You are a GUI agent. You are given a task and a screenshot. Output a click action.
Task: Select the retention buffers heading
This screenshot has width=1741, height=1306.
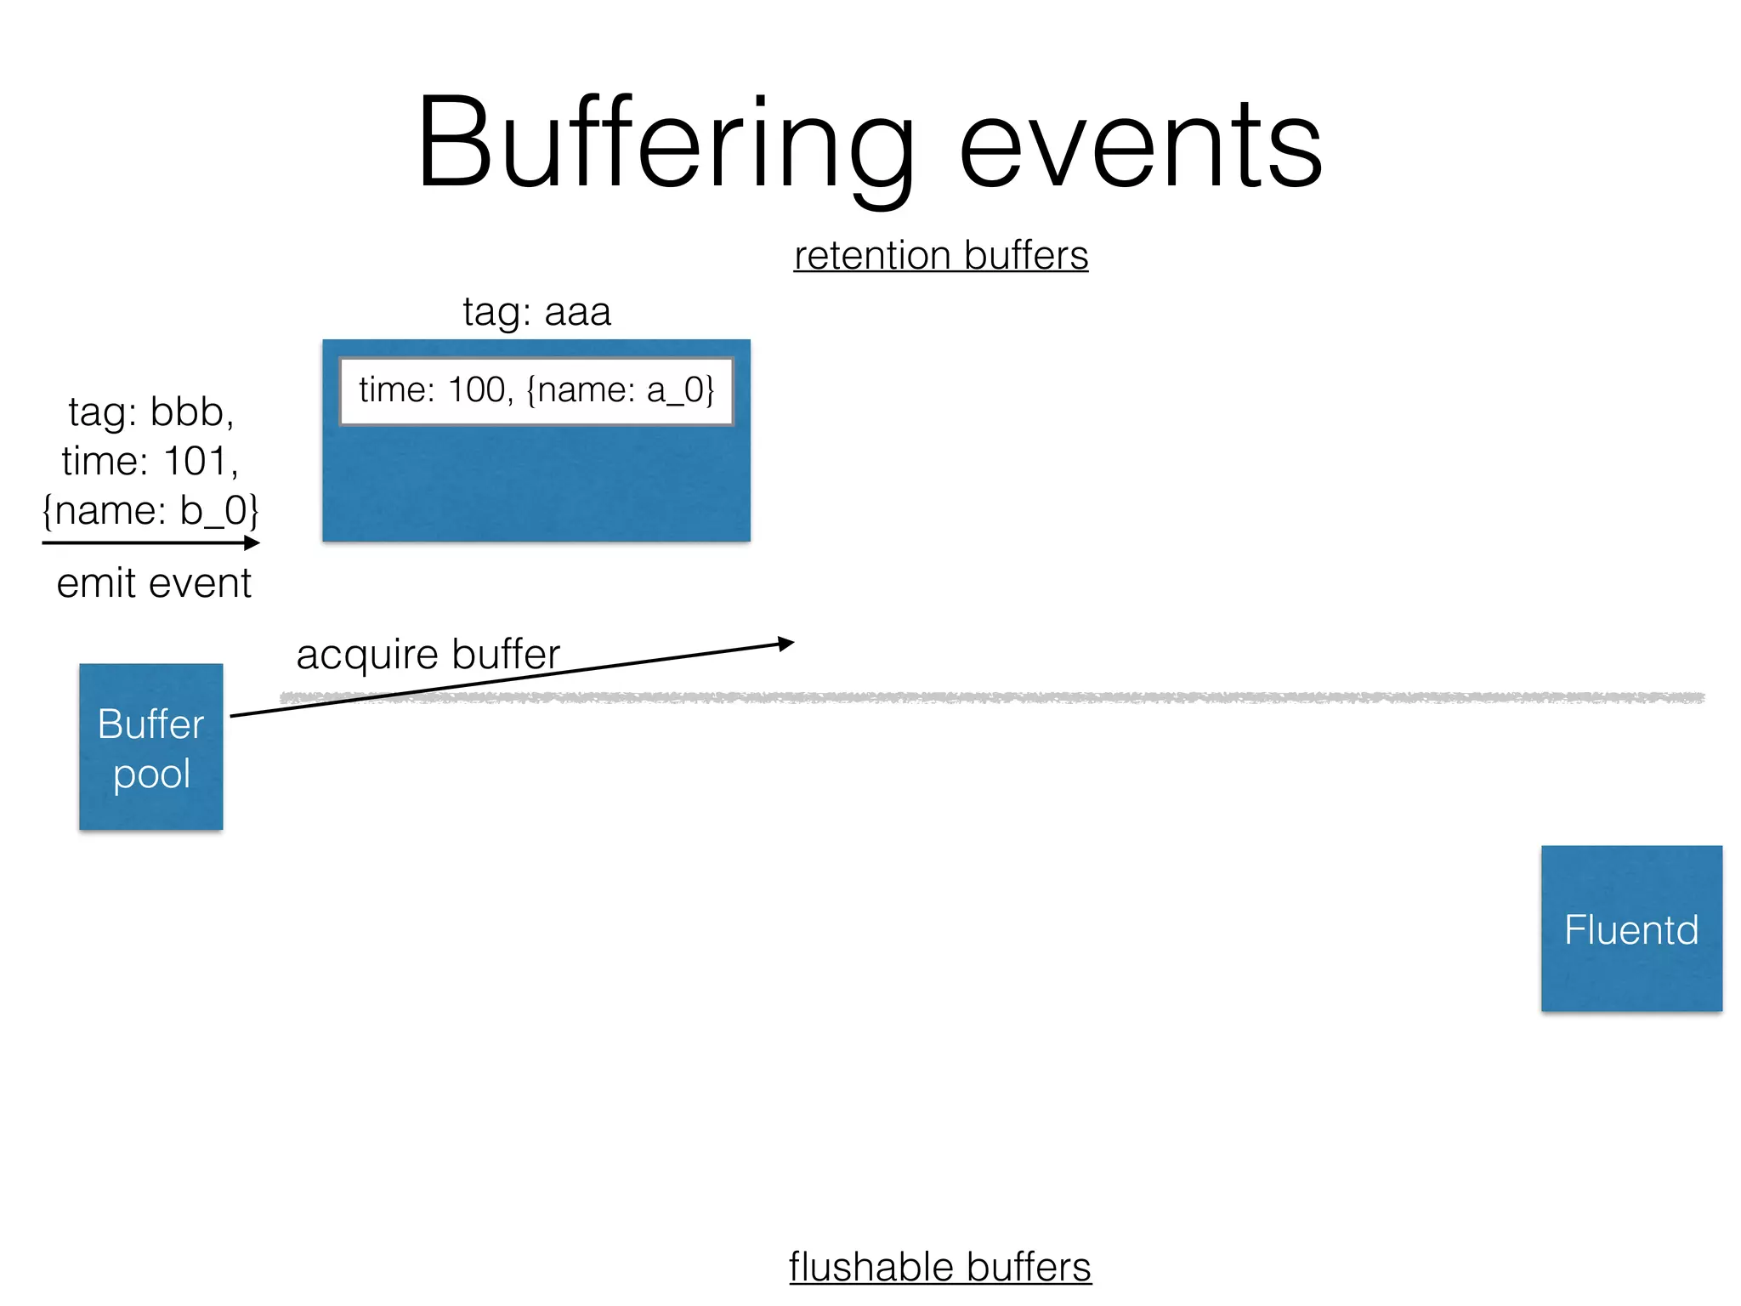pos(940,255)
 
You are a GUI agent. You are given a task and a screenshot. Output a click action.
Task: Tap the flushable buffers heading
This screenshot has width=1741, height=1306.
pos(939,1267)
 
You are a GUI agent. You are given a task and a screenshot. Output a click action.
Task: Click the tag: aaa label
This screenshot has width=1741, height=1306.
pos(536,311)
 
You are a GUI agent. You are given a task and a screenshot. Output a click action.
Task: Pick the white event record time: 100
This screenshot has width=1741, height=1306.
pos(536,391)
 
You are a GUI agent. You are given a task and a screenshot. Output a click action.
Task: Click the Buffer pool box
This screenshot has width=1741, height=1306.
pos(151,747)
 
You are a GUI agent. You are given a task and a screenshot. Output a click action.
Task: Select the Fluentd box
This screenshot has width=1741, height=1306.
pos(1631,928)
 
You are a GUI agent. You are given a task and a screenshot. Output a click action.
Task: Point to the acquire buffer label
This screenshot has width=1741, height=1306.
pos(428,654)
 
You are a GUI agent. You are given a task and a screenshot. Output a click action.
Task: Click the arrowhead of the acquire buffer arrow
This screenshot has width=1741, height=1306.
pos(787,644)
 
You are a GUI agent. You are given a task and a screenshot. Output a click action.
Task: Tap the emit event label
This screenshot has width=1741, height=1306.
pos(154,583)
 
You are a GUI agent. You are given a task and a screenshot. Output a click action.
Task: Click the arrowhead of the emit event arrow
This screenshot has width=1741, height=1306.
pos(252,542)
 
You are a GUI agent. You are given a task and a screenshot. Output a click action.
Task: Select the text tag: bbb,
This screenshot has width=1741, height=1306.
pos(151,412)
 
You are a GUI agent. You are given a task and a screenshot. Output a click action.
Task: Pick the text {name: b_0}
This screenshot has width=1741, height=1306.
pos(150,511)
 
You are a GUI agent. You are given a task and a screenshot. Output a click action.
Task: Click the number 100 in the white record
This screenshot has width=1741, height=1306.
pos(476,390)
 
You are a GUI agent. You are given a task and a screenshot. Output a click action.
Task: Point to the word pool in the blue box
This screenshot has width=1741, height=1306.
pos(151,774)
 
